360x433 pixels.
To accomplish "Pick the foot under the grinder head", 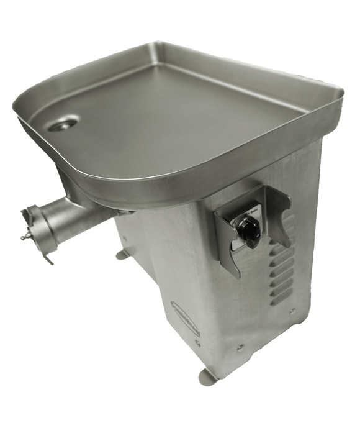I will (x=123, y=254).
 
